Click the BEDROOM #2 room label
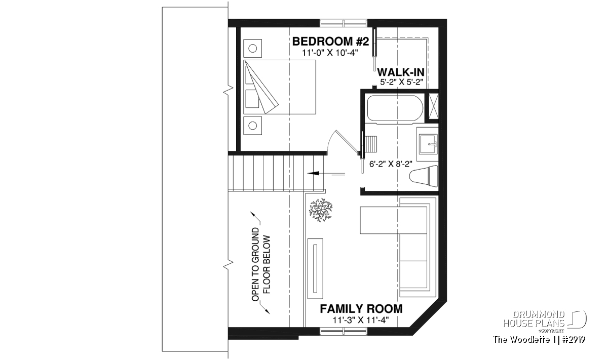click(330, 42)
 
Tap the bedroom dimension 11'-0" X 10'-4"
click(330, 53)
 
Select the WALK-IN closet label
click(401, 72)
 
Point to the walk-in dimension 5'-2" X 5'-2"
click(401, 82)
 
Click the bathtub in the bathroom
click(395, 108)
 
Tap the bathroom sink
click(428, 143)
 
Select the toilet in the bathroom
click(424, 176)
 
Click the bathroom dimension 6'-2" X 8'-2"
click(391, 164)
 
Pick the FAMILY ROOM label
click(361, 309)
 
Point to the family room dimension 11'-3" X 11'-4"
click(361, 320)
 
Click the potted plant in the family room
click(321, 210)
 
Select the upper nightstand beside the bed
click(253, 48)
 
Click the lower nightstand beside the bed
click(253, 126)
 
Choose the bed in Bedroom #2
click(280, 87)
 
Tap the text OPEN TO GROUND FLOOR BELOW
click(261, 264)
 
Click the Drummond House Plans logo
click(545, 322)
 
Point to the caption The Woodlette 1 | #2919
click(539, 340)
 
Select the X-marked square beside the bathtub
click(433, 106)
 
